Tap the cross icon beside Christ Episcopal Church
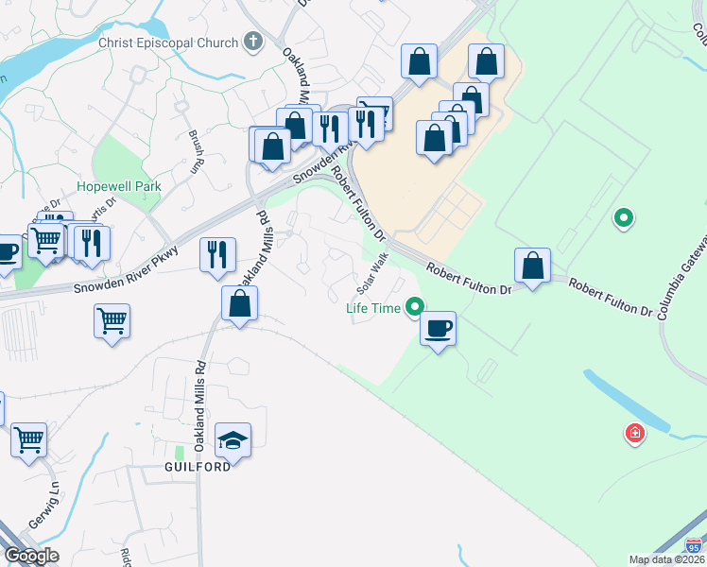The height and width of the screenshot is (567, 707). coord(252,42)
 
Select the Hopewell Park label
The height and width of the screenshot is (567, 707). coord(119,186)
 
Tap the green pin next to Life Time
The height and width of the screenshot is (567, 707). coord(414,305)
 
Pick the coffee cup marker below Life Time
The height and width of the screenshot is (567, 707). coord(438,330)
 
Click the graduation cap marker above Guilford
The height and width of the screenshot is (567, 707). coord(233,441)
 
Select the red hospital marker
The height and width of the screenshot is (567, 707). coord(635,434)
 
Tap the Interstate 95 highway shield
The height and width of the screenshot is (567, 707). coord(695,545)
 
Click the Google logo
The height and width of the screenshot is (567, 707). coord(31,556)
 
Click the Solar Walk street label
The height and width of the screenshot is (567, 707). coord(372,271)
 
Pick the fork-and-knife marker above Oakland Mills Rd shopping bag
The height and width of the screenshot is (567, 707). coord(217,254)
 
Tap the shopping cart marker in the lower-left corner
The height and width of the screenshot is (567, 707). coord(28,438)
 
